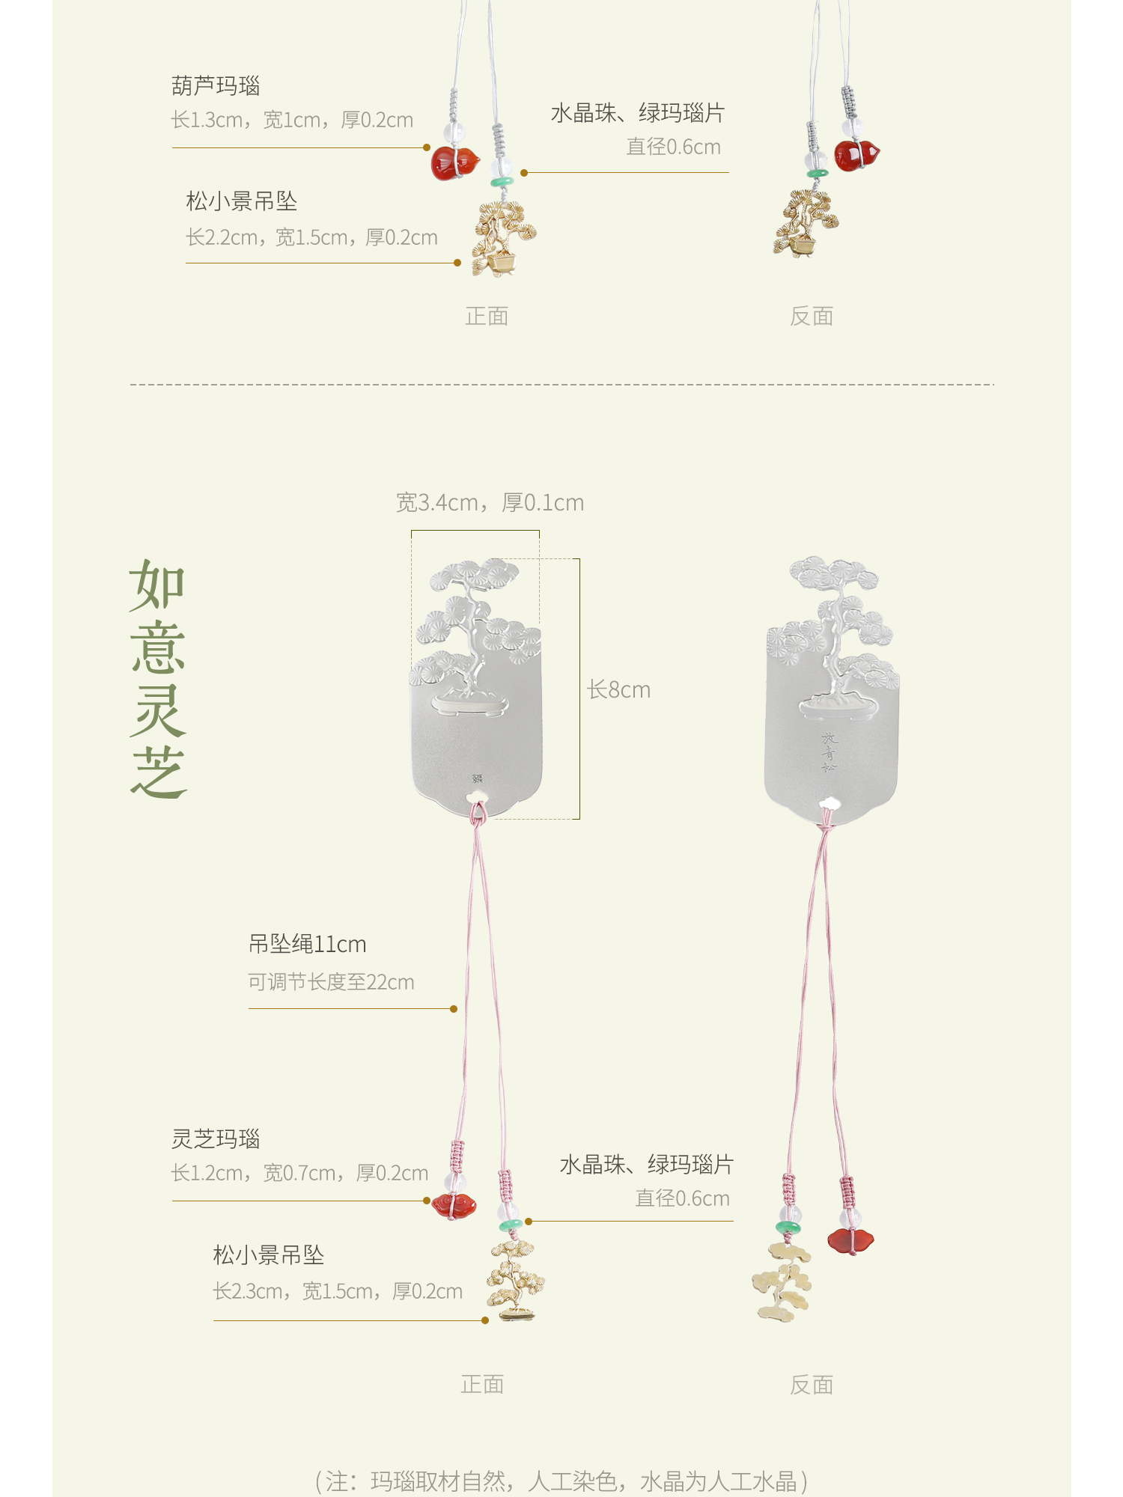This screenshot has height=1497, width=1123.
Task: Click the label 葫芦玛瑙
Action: [x=216, y=86]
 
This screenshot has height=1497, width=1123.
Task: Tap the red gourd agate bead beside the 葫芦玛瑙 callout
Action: [x=454, y=163]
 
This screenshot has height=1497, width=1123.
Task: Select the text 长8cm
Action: [x=618, y=689]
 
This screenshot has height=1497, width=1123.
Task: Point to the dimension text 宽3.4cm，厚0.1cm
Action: [x=490, y=502]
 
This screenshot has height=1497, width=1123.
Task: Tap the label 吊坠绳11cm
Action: [x=307, y=944]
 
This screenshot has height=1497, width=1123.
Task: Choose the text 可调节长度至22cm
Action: [x=331, y=982]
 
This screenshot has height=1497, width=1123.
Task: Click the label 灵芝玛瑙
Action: [x=216, y=1138]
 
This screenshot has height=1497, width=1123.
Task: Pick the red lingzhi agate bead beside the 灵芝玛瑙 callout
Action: [x=454, y=1205]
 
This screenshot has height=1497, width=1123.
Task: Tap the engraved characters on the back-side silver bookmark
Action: [x=829, y=751]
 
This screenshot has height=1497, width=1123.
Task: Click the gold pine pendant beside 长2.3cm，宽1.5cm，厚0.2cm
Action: [x=515, y=1281]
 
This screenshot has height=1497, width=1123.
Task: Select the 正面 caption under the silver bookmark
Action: [x=482, y=1385]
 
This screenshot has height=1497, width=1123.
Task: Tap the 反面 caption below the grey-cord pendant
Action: [x=812, y=317]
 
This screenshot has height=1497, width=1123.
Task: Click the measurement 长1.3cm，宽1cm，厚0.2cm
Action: [x=292, y=120]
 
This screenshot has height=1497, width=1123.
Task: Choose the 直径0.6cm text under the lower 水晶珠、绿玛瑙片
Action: [x=682, y=1198]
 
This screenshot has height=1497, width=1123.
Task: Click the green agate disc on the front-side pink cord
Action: [x=511, y=1225]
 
